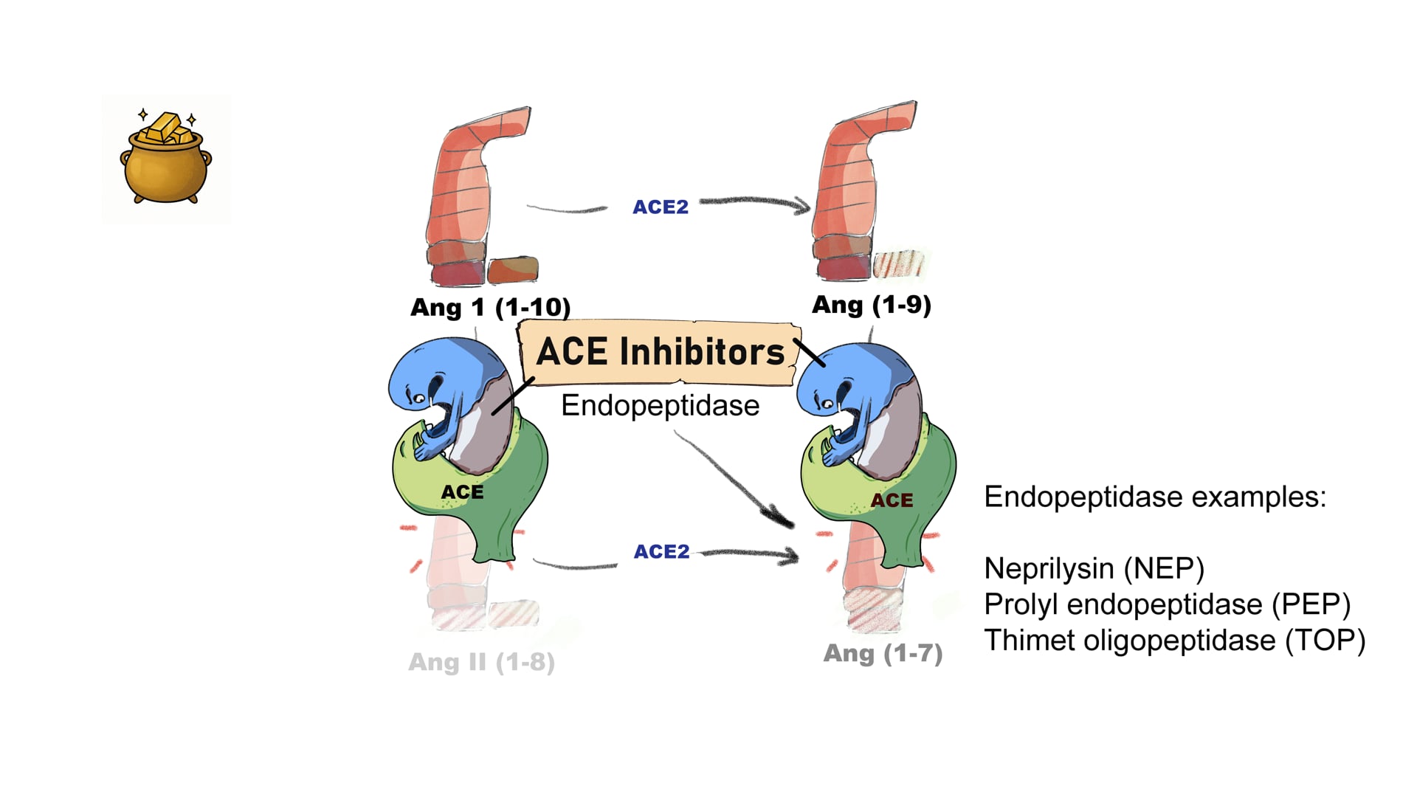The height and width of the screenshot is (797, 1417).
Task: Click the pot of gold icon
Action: click(166, 159)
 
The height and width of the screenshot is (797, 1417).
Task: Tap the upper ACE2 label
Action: click(661, 207)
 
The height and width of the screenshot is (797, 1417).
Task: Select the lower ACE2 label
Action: click(661, 552)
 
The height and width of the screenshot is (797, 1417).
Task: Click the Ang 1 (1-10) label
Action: click(490, 307)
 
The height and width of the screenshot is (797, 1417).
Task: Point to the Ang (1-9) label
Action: click(871, 305)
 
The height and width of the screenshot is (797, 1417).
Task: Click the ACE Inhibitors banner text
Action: click(660, 352)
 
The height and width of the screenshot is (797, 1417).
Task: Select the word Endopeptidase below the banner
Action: click(660, 406)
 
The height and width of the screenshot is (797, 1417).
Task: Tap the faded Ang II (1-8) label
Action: click(481, 662)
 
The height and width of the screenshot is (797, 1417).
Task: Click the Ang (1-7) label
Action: click(883, 653)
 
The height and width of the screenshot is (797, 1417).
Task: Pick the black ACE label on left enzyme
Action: click(462, 492)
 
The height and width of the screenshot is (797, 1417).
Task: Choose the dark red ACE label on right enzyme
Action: click(892, 501)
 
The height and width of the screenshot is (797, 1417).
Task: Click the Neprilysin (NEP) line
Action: click(1094, 569)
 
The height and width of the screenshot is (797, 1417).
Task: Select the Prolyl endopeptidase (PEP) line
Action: click(1167, 605)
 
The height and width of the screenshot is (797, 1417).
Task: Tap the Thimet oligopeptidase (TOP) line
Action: click(1174, 641)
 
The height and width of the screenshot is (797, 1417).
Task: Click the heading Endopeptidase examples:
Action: click(1155, 497)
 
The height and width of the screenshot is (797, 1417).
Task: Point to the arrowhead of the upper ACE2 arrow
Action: click(801, 206)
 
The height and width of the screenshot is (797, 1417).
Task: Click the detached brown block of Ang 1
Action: click(512, 269)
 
